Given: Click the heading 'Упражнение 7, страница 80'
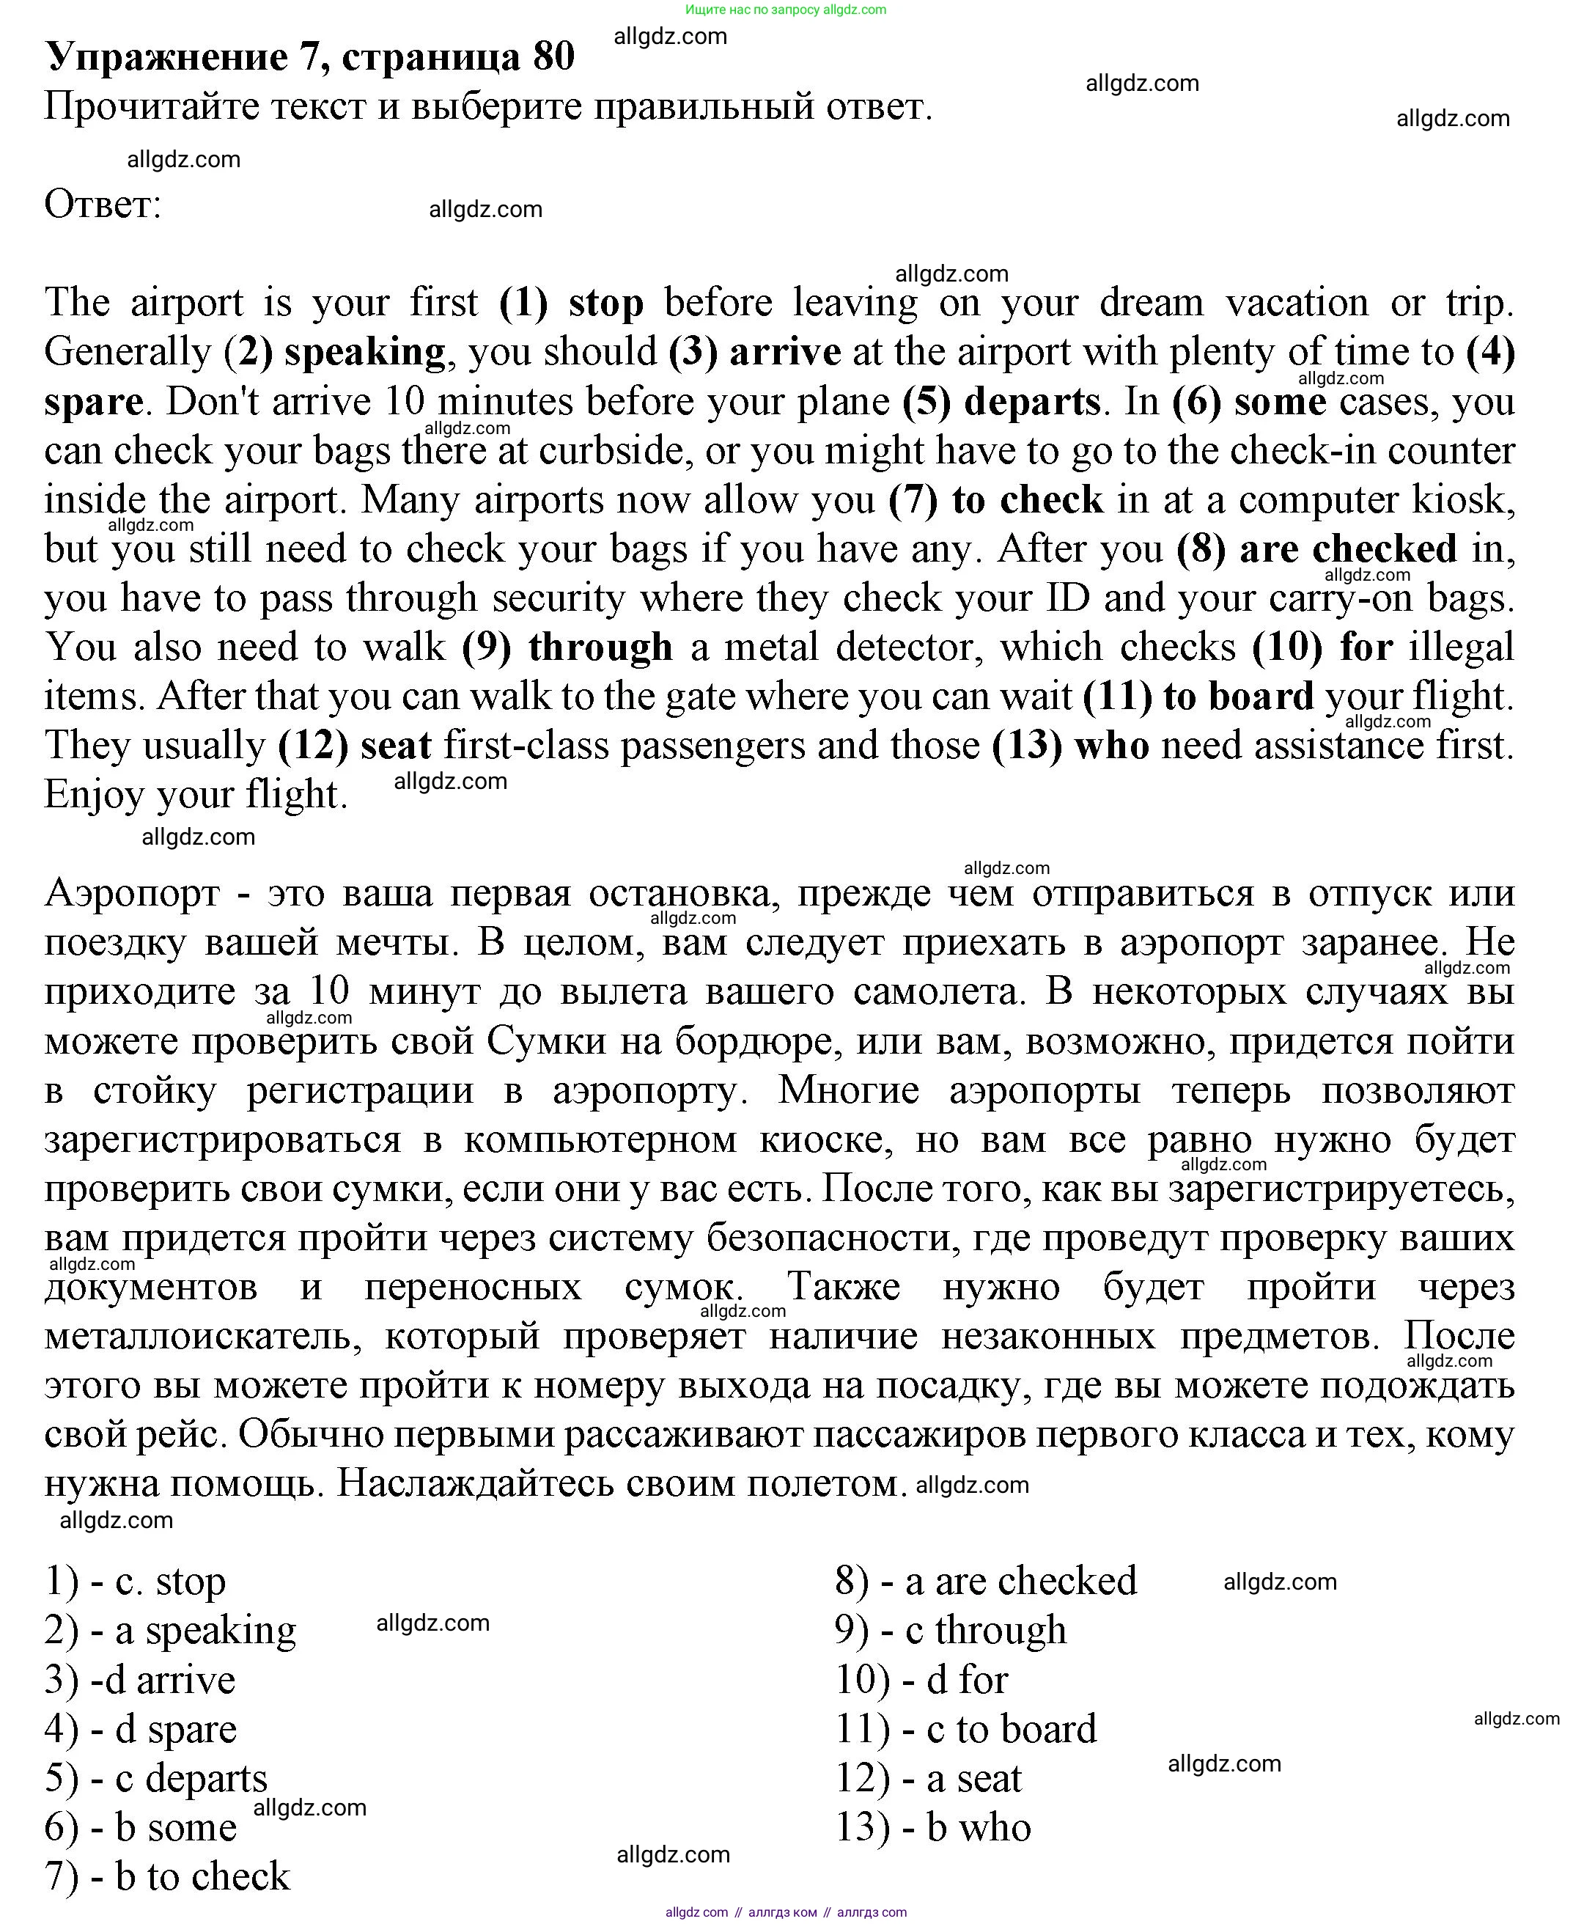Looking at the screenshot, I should pyautogui.click(x=309, y=56).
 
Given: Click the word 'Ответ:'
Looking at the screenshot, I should pyautogui.click(x=103, y=204).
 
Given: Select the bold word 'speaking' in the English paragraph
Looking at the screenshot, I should pyautogui.click(x=364, y=352).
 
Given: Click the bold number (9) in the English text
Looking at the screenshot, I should pyautogui.click(x=487, y=647).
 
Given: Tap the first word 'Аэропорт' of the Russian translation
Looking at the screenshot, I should pyautogui.click(x=132, y=894).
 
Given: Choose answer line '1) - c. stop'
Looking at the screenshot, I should pyautogui.click(x=135, y=1582).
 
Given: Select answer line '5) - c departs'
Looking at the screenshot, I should pyautogui.click(x=156, y=1778).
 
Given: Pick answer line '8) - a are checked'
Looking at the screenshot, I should pyautogui.click(x=985, y=1582).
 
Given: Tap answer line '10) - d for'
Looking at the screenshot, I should pyautogui.click(x=921, y=1679).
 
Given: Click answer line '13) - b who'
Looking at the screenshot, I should pyautogui.click(x=932, y=1827).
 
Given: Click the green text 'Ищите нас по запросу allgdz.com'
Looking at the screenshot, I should pyautogui.click(x=786, y=10).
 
